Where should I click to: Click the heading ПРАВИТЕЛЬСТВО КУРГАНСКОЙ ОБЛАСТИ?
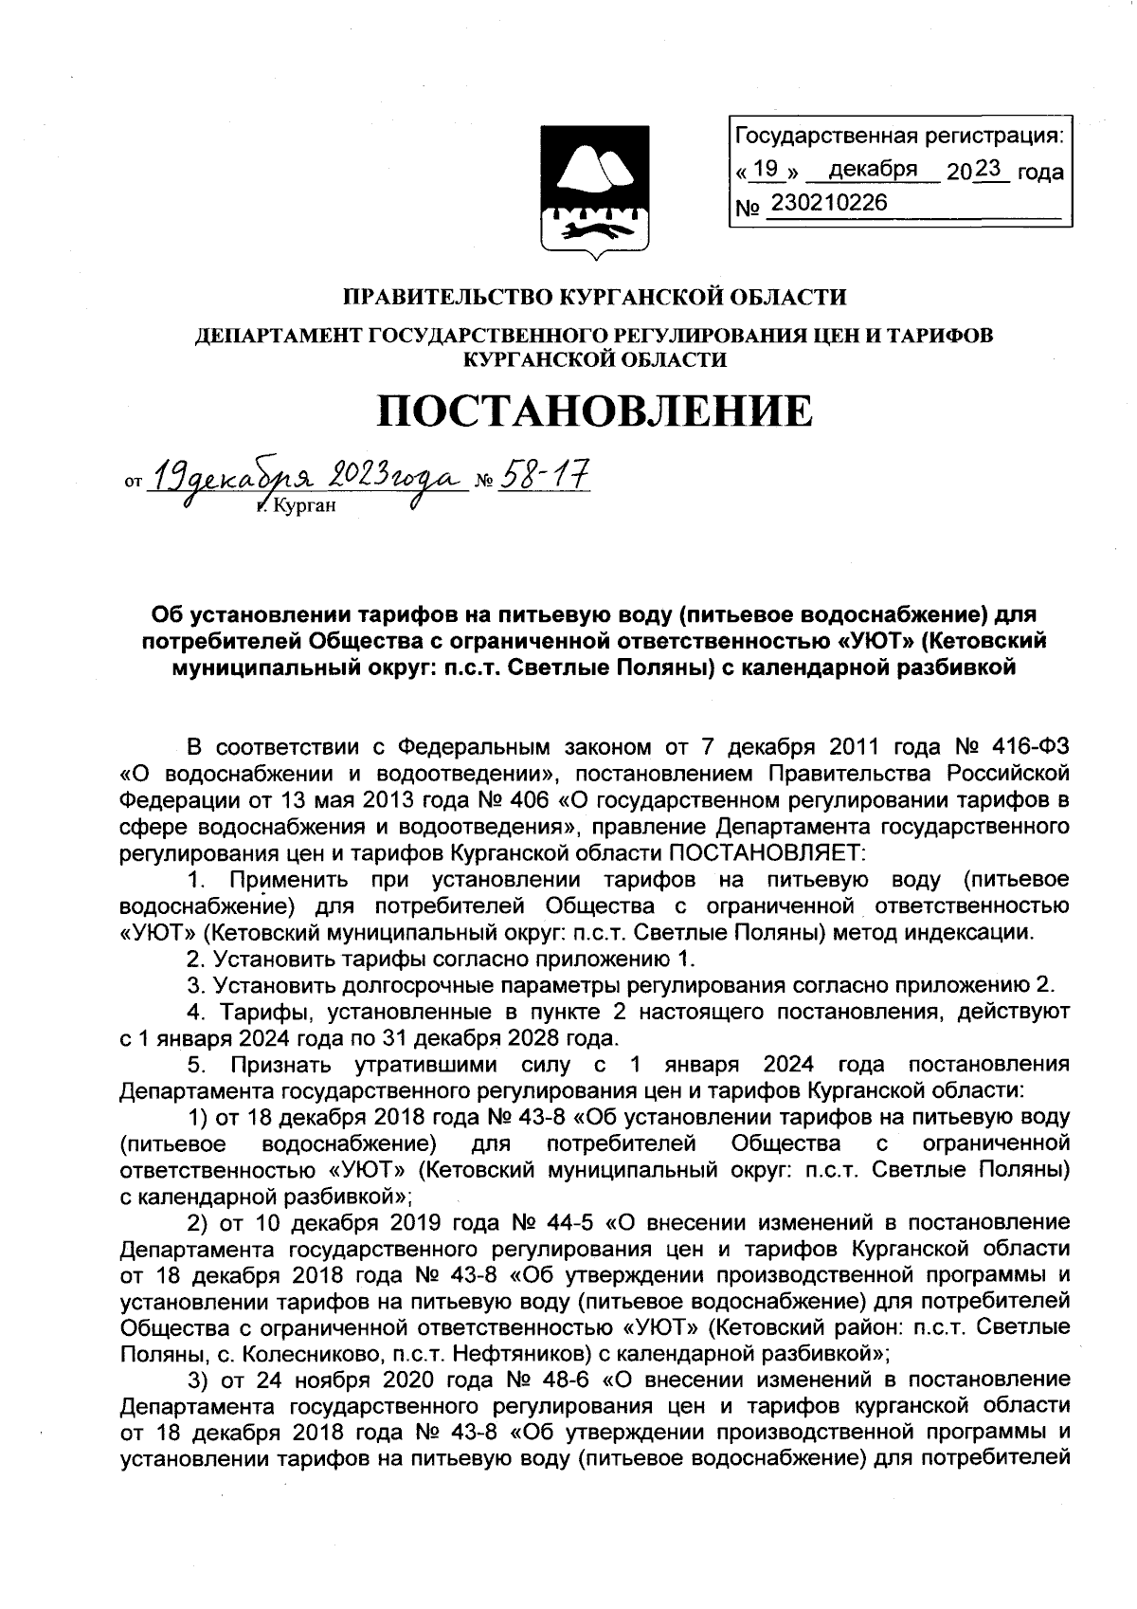(x=594, y=298)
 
